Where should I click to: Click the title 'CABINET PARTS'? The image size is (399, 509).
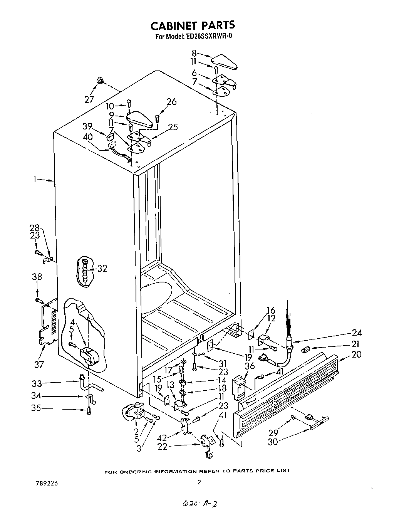192,25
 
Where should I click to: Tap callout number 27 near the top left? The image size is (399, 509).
89,99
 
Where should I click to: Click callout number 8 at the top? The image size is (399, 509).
194,54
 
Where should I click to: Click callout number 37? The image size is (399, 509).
39,364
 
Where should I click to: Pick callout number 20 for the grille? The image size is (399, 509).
356,354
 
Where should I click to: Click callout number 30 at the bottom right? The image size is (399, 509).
273,442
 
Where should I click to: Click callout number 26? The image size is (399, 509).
171,102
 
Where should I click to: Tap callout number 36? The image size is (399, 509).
250,365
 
